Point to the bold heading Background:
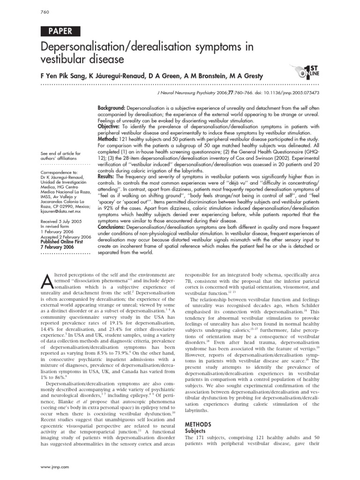113,108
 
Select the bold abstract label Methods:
109,140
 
